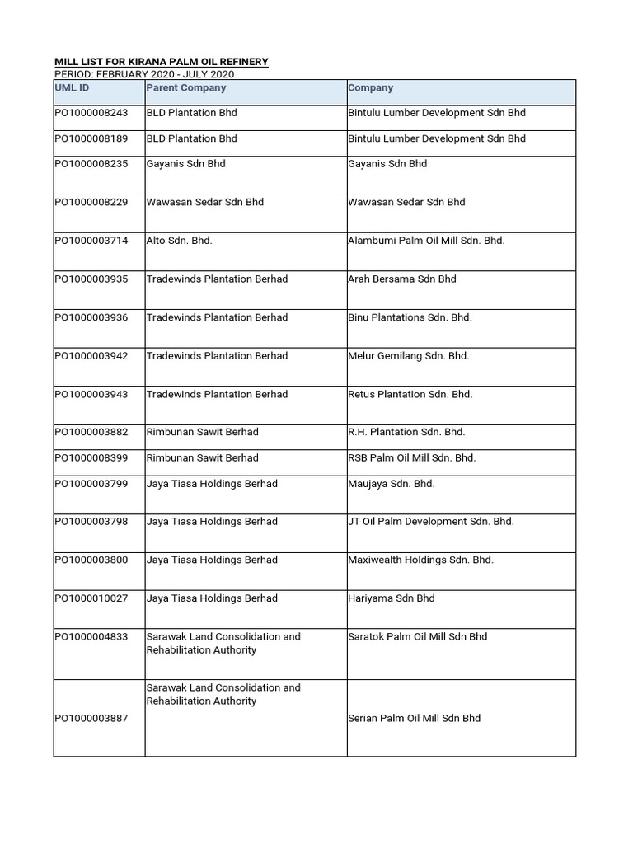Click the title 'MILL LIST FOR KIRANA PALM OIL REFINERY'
tap(161, 62)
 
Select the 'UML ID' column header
tap(72, 87)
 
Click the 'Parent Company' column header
tap(185, 87)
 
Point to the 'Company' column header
tap(370, 87)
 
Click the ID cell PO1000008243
tap(91, 113)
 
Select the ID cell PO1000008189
tap(91, 138)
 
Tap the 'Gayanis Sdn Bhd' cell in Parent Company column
tap(185, 164)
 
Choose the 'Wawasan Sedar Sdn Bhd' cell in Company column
tap(406, 202)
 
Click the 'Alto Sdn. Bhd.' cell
tap(180, 241)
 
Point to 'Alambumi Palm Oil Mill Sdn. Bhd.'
tap(426, 241)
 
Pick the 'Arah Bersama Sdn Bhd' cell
tap(401, 279)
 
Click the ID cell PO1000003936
tap(91, 317)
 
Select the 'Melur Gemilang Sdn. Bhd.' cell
tap(408, 356)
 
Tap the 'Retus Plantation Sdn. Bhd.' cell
tap(410, 394)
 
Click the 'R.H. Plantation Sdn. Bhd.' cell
tap(406, 432)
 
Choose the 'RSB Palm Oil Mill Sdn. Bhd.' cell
tap(411, 457)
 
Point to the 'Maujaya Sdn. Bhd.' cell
tap(391, 484)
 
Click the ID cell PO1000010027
tap(91, 598)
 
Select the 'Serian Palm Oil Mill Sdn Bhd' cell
tap(414, 719)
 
